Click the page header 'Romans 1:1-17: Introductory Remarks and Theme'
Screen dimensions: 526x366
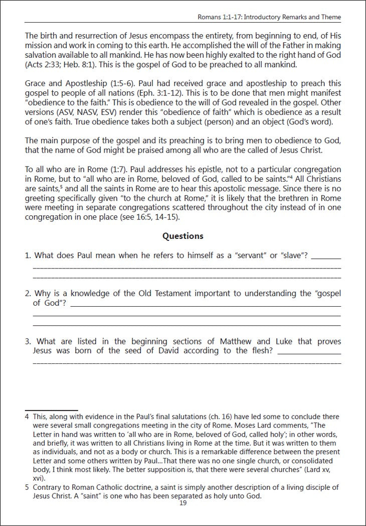click(270, 17)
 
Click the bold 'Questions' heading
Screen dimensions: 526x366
click(183, 236)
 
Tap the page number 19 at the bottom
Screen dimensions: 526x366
click(183, 503)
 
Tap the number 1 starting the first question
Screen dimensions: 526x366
click(28, 255)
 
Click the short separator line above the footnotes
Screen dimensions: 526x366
click(51, 410)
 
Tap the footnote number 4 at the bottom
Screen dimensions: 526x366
click(27, 417)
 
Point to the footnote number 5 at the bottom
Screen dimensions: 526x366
click(27, 487)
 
